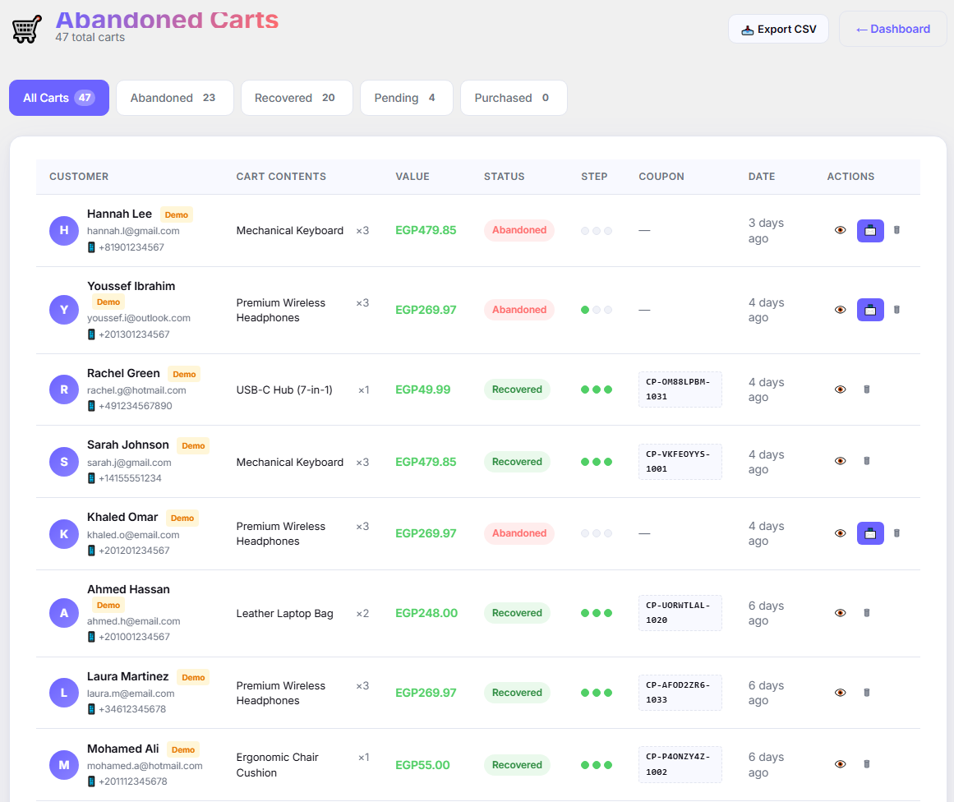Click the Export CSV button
778,30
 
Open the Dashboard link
892,30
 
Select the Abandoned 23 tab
175,98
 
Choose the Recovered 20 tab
297,98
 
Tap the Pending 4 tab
406,98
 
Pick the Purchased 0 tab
514,98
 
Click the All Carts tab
59,98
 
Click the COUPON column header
661,177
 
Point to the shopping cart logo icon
27,29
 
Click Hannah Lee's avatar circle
64,231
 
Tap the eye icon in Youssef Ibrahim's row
841,310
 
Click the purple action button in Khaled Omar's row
870,533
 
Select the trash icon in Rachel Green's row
867,389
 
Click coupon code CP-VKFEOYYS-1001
680,462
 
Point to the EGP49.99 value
423,389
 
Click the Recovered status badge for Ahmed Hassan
517,613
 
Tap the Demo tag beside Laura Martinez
193,677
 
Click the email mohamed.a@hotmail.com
145,766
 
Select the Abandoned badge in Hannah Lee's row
519,231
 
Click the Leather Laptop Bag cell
285,613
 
